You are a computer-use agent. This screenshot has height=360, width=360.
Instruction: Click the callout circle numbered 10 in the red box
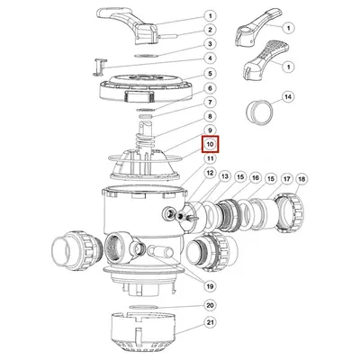(x=210, y=144)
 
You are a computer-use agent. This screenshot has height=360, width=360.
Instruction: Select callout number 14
(x=288, y=97)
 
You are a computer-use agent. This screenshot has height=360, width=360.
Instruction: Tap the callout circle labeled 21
(x=210, y=323)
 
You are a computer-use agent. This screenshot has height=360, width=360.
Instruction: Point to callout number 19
(x=210, y=286)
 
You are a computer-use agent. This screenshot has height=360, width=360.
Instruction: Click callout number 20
(x=210, y=305)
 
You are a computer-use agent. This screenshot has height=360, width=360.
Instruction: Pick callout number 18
(x=301, y=179)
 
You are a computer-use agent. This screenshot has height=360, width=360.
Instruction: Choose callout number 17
(x=287, y=179)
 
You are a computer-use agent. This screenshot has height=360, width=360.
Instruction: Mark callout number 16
(x=255, y=178)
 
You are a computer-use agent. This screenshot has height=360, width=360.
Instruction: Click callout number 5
(x=210, y=74)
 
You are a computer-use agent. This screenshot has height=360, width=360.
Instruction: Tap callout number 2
(x=210, y=30)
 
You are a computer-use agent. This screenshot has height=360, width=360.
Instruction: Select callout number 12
(x=210, y=173)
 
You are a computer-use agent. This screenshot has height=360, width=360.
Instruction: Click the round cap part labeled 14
(x=260, y=112)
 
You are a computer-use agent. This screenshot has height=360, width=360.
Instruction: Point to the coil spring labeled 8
(x=145, y=140)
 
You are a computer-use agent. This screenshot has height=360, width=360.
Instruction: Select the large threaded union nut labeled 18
(x=290, y=213)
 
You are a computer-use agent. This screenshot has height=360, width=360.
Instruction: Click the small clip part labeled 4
(x=100, y=67)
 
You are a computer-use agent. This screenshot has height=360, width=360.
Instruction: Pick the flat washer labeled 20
(x=144, y=307)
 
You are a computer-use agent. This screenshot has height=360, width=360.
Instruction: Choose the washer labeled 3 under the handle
(x=146, y=56)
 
